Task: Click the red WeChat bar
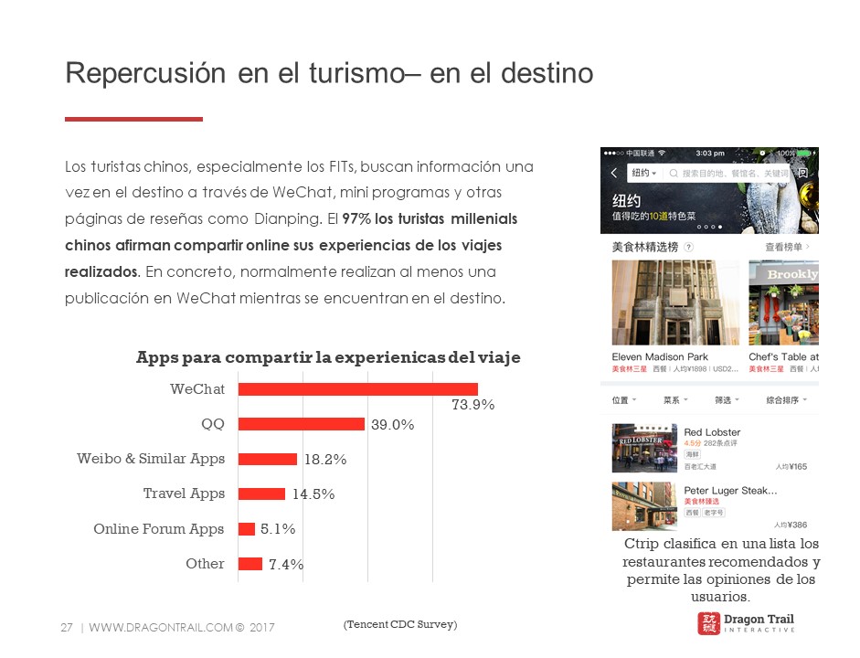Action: click(358, 389)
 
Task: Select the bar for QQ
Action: click(302, 424)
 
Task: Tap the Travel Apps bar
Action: click(261, 493)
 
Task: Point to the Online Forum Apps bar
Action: click(247, 529)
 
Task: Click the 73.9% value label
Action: click(472, 405)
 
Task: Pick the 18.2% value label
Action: click(324, 460)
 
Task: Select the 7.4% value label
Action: click(285, 565)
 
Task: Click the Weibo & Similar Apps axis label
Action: click(151, 459)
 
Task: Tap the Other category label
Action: click(205, 564)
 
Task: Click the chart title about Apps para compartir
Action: click(328, 357)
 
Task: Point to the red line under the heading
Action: click(133, 119)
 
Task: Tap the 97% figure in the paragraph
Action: click(357, 219)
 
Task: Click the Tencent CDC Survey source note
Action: click(400, 624)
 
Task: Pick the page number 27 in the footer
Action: click(66, 628)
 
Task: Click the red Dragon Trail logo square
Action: click(707, 623)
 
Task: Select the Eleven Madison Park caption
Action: click(660, 356)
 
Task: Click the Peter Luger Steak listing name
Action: click(730, 491)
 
